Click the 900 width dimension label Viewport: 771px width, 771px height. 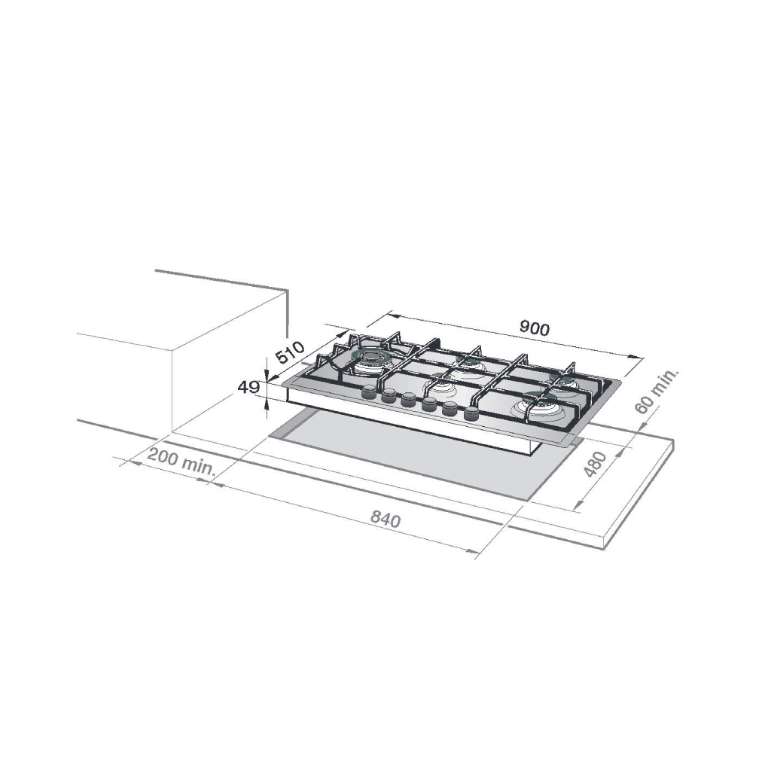(535, 328)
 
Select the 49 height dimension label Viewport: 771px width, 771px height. (248, 388)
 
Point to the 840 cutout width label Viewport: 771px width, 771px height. (385, 519)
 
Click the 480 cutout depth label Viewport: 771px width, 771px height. (596, 464)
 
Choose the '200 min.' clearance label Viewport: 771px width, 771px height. (181, 462)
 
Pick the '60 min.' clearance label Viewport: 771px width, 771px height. (657, 392)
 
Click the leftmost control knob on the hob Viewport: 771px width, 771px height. (369, 392)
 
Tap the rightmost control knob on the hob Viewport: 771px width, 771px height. (471, 413)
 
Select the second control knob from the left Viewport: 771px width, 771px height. (389, 395)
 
